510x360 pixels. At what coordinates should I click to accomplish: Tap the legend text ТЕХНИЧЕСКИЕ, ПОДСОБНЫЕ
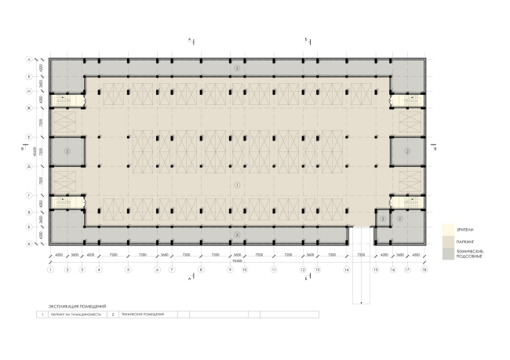pyautogui.click(x=470, y=254)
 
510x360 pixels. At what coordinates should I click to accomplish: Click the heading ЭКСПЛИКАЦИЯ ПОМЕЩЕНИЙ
pyautogui.click(x=77, y=305)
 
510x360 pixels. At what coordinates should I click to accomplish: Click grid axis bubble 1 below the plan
pyautogui.click(x=50, y=270)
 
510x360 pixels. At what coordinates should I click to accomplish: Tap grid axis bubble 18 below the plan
pyautogui.click(x=424, y=270)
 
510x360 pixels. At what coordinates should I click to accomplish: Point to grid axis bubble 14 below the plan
pyautogui.click(x=346, y=270)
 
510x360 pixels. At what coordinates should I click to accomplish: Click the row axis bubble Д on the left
pyautogui.click(x=29, y=166)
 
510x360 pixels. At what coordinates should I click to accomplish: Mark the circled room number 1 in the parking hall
pyautogui.click(x=236, y=185)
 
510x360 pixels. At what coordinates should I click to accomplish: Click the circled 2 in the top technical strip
pyautogui.click(x=236, y=69)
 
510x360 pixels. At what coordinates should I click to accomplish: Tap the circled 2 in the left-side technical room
pyautogui.click(x=67, y=150)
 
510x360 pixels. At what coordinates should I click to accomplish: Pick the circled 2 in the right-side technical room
pyautogui.click(x=406, y=150)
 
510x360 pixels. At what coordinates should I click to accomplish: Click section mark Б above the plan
pyautogui.click(x=307, y=38)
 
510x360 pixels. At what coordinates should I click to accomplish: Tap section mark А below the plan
pyautogui.click(x=189, y=278)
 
